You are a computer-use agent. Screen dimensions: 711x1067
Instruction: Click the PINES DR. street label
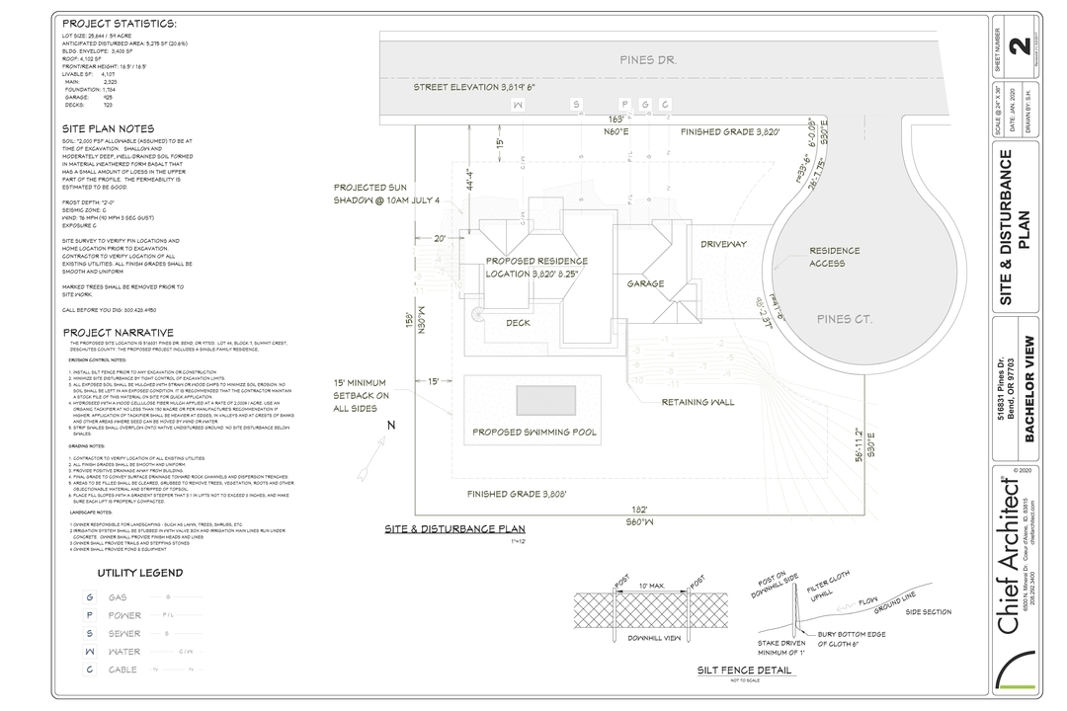[648, 60]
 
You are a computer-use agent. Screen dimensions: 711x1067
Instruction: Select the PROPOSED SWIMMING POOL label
[533, 432]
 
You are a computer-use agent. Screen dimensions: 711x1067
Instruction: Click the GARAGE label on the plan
[645, 283]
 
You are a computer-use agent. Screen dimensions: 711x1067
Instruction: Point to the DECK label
[519, 322]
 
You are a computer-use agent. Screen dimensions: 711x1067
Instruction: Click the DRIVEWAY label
[723, 244]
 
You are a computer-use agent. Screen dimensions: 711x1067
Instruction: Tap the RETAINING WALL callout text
[698, 402]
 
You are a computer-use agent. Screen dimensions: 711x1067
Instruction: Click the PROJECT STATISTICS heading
[120, 24]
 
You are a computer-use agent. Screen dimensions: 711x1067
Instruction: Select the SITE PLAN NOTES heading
[108, 128]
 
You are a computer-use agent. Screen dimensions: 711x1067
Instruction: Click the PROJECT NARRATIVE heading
[118, 333]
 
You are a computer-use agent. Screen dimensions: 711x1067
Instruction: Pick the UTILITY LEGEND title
[139, 573]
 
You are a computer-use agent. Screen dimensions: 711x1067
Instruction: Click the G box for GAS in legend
[90, 597]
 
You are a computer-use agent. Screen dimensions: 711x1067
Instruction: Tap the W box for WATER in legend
[90, 652]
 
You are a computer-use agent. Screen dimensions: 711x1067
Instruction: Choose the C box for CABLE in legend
[90, 670]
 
